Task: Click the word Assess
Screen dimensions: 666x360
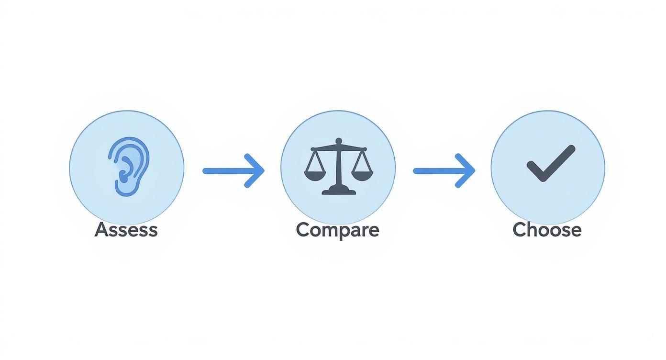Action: click(126, 230)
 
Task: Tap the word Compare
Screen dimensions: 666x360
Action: click(338, 231)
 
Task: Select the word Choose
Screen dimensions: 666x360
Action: click(547, 230)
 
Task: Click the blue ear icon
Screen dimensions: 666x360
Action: click(128, 167)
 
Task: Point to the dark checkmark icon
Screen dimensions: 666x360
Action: click(550, 163)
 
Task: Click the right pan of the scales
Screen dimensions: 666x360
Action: click(362, 175)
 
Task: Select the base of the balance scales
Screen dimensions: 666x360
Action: click(339, 190)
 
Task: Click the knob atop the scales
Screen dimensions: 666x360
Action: click(339, 141)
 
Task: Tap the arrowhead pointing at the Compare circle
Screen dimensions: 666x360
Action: click(255, 171)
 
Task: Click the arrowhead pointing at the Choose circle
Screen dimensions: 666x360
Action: click(466, 171)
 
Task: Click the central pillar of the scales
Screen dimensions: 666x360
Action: click(339, 167)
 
